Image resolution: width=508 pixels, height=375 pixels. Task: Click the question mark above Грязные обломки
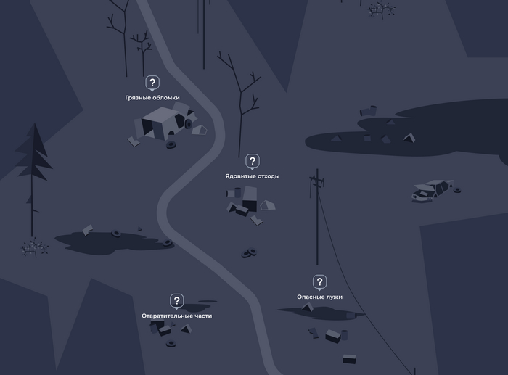click(152, 83)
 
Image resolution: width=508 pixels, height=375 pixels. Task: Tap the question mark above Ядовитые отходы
click(253, 161)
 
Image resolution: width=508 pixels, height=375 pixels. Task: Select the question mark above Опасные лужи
click(319, 281)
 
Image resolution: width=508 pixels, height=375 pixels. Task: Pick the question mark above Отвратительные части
click(176, 301)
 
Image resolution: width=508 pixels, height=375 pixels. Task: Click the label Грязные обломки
click(152, 97)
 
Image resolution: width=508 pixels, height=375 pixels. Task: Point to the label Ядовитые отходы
click(253, 176)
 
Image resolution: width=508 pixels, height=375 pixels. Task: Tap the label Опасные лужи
click(319, 297)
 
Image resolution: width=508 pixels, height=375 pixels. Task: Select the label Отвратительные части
click(176, 316)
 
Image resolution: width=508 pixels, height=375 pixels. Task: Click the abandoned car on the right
click(433, 191)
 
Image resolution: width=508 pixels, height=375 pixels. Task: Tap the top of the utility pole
click(317, 170)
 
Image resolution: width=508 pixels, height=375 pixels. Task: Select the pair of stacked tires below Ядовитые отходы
click(249, 252)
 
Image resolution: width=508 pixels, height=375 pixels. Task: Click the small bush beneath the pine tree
click(34, 248)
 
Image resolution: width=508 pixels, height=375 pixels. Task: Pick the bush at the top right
click(381, 9)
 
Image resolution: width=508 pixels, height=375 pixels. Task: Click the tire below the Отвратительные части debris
click(171, 343)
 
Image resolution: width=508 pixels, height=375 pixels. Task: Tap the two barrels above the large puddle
click(369, 111)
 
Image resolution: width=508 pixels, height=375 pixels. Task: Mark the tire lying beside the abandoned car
click(457, 190)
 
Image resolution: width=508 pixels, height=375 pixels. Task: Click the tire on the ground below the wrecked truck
click(171, 145)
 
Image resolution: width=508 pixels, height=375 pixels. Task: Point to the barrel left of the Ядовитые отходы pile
click(234, 193)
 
